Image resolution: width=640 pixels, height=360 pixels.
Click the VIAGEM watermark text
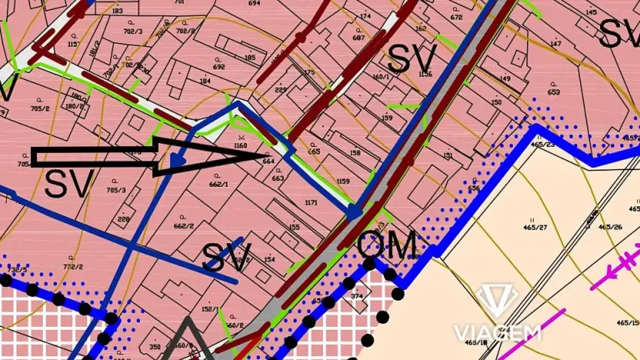(x=496, y=333)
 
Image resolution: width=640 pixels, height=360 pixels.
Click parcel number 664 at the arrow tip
(x=268, y=161)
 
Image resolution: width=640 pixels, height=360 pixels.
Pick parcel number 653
(x=553, y=92)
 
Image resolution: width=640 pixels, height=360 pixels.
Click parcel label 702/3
(x=133, y=32)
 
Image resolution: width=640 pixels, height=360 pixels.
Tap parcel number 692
(x=219, y=67)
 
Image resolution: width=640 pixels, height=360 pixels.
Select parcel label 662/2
(x=182, y=226)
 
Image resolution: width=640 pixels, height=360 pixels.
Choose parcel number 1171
(x=311, y=202)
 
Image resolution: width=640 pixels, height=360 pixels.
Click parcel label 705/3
(x=116, y=190)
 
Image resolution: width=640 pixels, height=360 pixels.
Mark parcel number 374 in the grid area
(x=356, y=296)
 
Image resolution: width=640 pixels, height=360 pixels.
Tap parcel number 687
(x=358, y=38)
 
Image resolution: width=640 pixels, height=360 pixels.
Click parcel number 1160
(x=240, y=145)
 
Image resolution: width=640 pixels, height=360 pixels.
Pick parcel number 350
(x=155, y=347)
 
